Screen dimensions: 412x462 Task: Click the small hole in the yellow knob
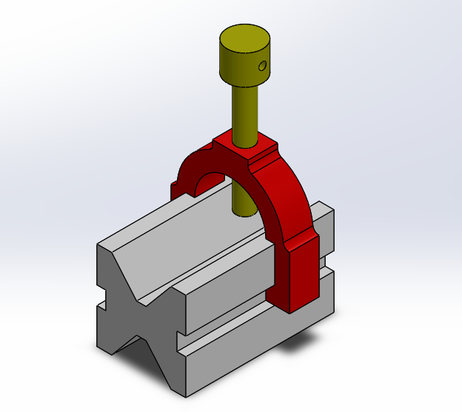coord(262,67)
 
